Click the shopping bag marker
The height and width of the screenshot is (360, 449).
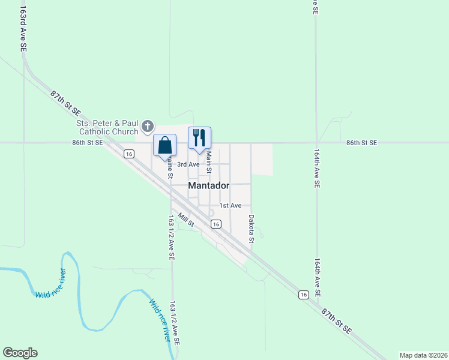pyautogui.click(x=164, y=145)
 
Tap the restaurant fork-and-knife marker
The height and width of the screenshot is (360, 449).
pyautogui.click(x=199, y=138)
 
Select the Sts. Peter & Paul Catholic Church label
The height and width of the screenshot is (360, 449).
pyautogui.click(x=107, y=127)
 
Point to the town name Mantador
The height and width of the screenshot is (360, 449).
pyautogui.click(x=208, y=186)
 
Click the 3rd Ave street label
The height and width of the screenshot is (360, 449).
pyautogui.click(x=188, y=164)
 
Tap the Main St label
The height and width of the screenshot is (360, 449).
pyautogui.click(x=209, y=162)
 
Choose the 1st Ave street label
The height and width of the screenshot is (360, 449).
pyautogui.click(x=230, y=206)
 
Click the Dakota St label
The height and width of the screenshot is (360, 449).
pyautogui.click(x=252, y=229)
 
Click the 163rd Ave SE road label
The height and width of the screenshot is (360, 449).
pyautogui.click(x=24, y=30)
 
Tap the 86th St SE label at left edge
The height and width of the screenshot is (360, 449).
pyautogui.click(x=88, y=143)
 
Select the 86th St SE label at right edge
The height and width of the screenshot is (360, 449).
pyautogui.click(x=361, y=143)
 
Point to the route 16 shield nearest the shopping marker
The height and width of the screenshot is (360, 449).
pyautogui.click(x=128, y=154)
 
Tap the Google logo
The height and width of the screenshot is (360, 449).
pyautogui.click(x=20, y=353)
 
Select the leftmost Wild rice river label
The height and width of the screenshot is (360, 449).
pyautogui.click(x=51, y=284)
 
